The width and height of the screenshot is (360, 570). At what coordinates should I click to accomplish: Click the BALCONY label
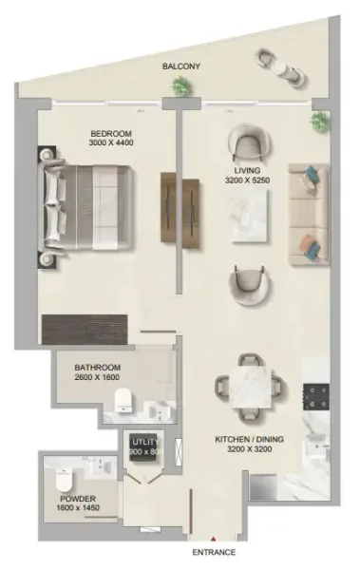pyautogui.click(x=180, y=66)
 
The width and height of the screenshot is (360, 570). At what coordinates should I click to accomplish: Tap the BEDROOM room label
pyautogui.click(x=110, y=133)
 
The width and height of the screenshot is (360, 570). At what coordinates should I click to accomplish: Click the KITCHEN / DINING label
pyautogui.click(x=249, y=441)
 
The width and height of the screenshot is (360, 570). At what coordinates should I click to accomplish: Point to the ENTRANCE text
pyautogui.click(x=213, y=551)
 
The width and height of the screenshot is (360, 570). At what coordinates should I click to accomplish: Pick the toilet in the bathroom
pyautogui.click(x=123, y=407)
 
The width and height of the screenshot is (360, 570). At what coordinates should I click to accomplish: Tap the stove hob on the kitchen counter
pyautogui.click(x=316, y=395)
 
